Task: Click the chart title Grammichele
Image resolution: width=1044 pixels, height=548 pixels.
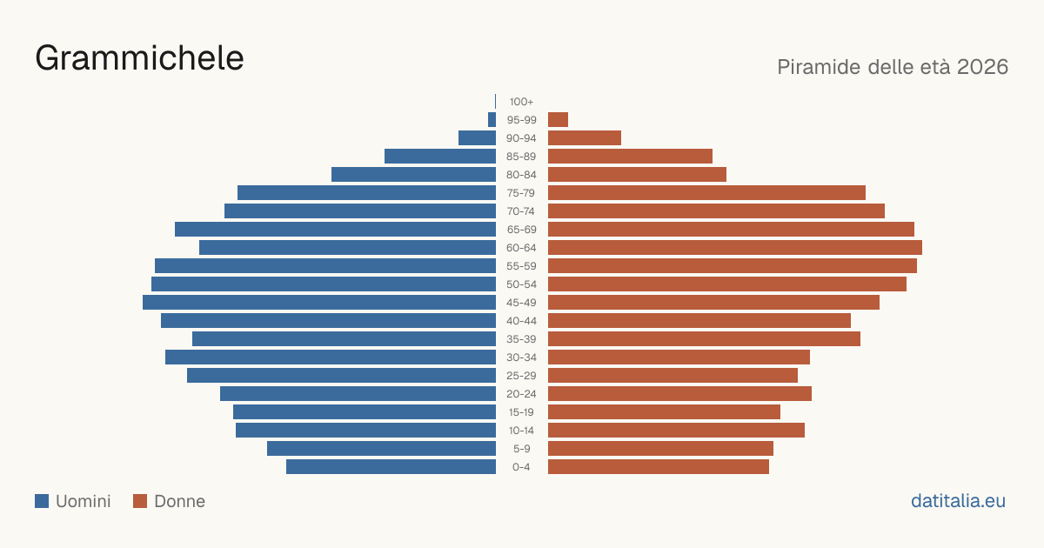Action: click(139, 58)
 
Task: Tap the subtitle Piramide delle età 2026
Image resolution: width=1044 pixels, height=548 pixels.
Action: click(893, 67)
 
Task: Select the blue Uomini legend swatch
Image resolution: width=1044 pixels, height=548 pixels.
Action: click(42, 501)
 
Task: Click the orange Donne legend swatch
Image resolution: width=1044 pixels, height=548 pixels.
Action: click(140, 501)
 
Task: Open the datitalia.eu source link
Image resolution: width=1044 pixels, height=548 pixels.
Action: click(958, 501)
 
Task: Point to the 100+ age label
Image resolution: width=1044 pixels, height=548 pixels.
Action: click(521, 102)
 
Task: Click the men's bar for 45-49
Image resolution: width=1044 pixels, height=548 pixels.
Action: click(319, 303)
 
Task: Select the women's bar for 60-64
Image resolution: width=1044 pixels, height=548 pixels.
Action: click(735, 247)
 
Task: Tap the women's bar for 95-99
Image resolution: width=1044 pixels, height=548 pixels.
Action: click(558, 120)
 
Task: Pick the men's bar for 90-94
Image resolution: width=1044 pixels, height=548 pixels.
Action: click(478, 138)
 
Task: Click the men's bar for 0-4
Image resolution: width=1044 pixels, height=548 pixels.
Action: click(391, 467)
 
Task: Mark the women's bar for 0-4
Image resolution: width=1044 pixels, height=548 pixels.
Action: click(659, 467)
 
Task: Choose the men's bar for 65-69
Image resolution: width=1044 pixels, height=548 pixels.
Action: click(336, 230)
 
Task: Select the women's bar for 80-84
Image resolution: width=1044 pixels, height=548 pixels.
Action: click(637, 175)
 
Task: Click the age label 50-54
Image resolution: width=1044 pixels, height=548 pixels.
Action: click(521, 284)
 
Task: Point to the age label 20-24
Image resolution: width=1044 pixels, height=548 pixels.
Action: click(521, 394)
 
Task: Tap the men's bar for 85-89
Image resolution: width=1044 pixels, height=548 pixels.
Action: click(440, 156)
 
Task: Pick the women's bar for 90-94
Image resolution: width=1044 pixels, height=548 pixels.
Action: click(585, 138)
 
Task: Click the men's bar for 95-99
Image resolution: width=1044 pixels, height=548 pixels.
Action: click(492, 120)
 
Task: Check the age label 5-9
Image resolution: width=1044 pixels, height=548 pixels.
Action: click(521, 449)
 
